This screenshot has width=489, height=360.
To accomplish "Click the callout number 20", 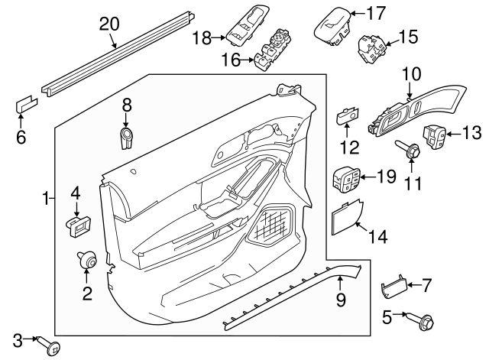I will coord(110,24).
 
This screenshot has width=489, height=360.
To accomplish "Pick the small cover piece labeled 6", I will coord(26,104).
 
